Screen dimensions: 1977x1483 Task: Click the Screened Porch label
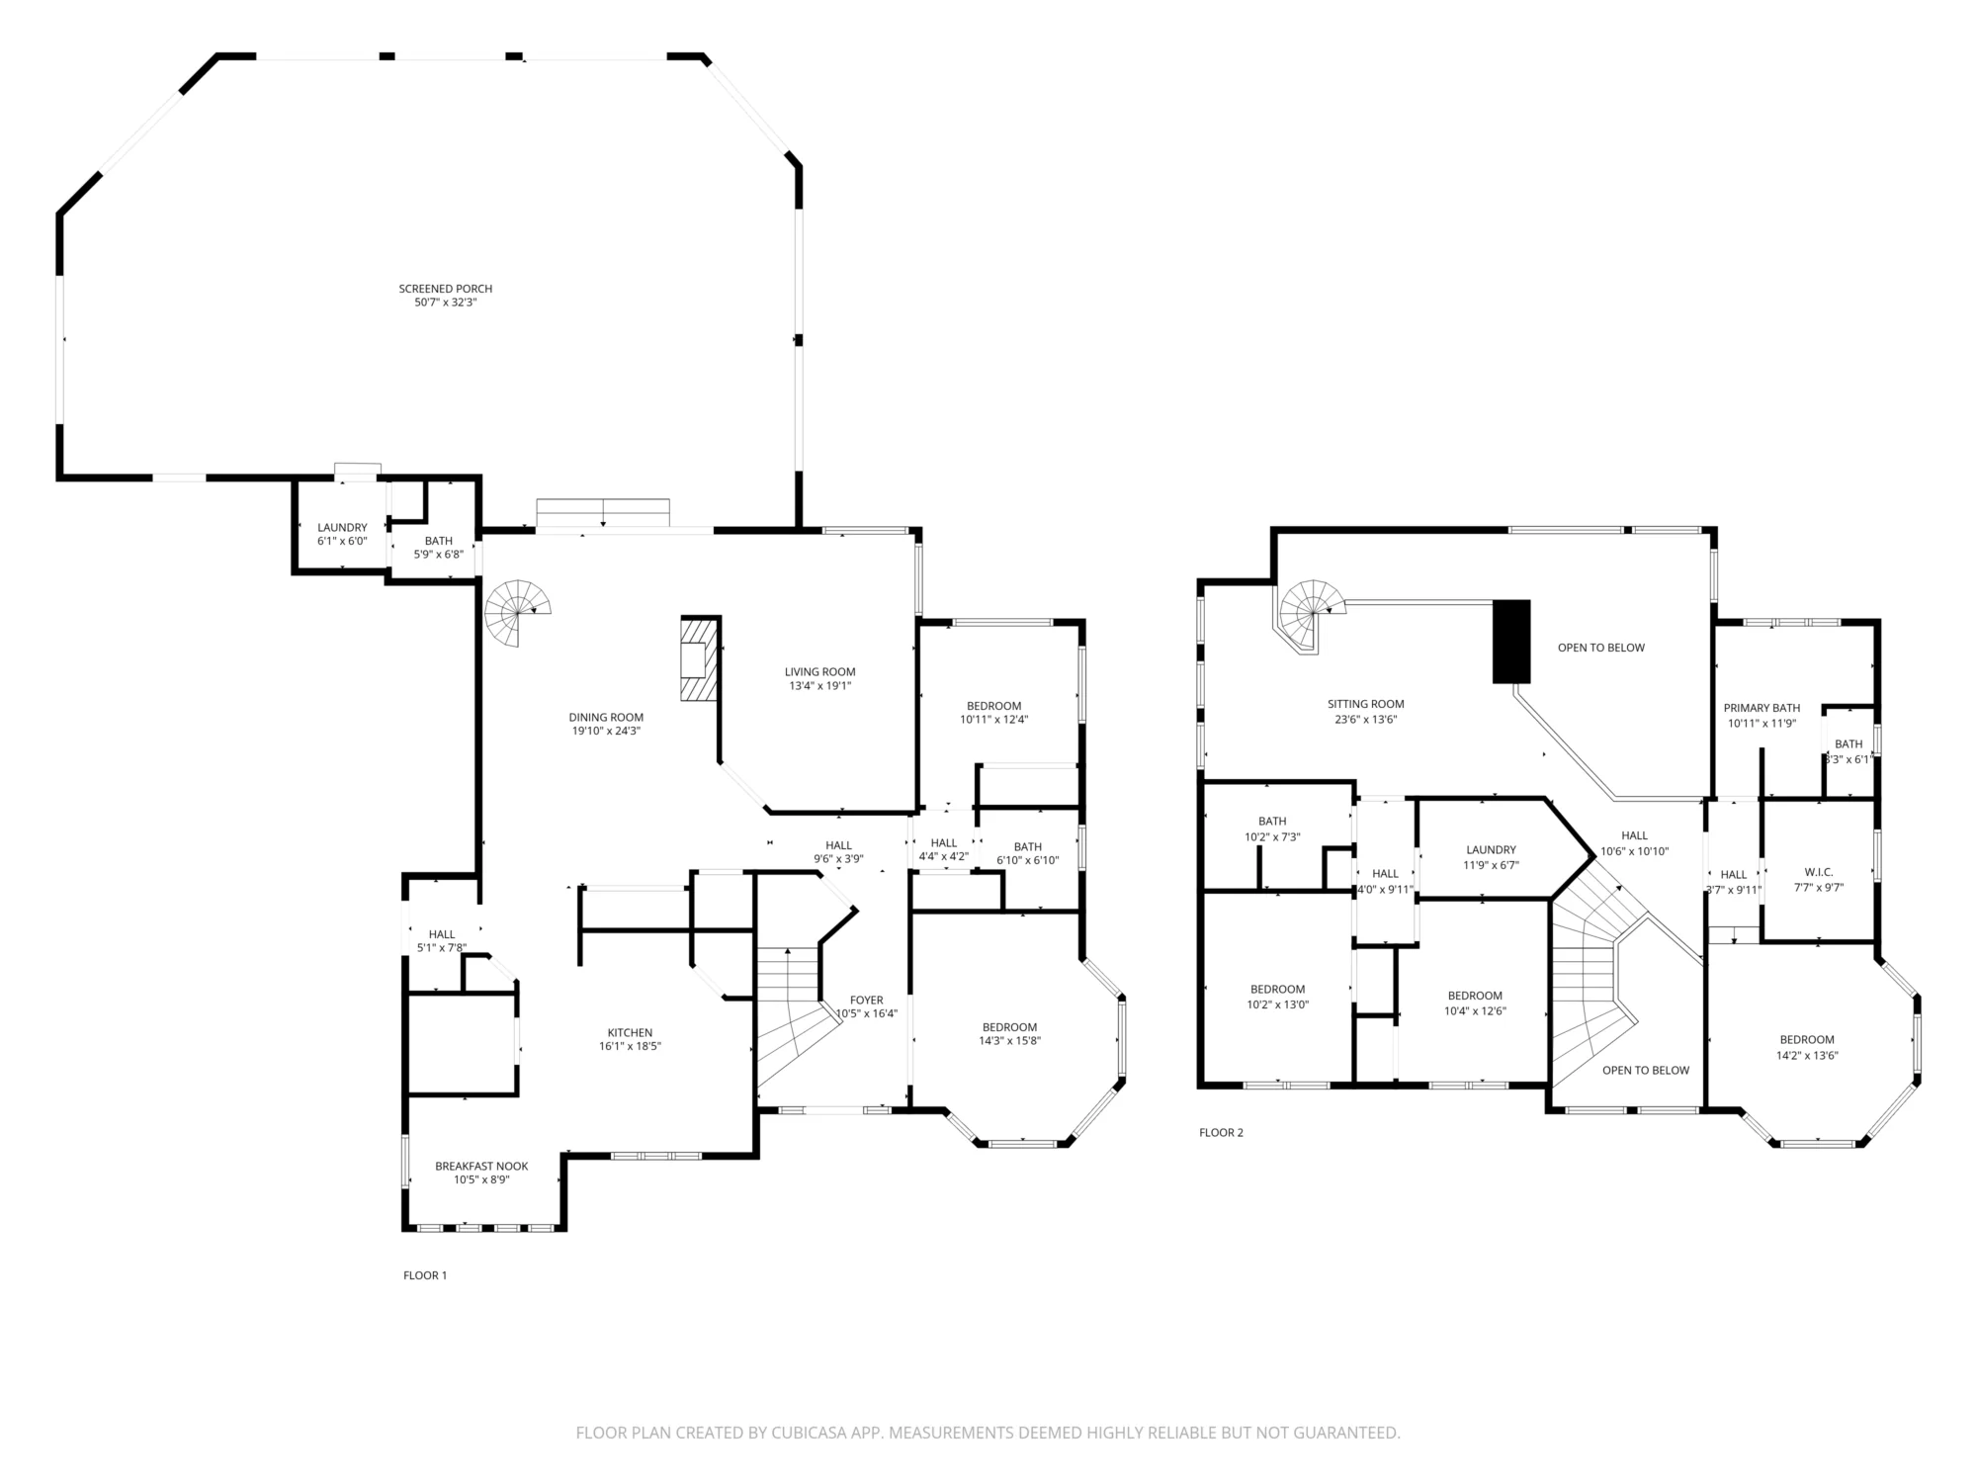[x=445, y=289]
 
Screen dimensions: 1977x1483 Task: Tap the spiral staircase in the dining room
[x=518, y=612]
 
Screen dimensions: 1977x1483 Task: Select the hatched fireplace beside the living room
[x=698, y=659]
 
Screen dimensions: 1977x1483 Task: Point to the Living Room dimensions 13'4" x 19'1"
[x=819, y=686]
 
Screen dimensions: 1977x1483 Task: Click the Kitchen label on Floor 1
[x=630, y=1033]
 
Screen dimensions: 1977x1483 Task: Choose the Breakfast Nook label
[x=481, y=1167]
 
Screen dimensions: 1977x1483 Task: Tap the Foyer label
[x=867, y=1001]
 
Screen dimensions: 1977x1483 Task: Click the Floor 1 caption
[x=425, y=1275]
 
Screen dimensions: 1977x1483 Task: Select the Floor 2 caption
[x=1221, y=1132]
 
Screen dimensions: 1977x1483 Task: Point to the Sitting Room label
[x=1365, y=705]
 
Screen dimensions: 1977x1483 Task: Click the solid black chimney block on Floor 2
[x=1511, y=642]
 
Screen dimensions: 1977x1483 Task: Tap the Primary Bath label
[x=1762, y=708]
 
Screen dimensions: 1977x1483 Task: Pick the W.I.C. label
[x=1819, y=872]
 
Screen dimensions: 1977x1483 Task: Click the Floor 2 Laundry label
[x=1491, y=850]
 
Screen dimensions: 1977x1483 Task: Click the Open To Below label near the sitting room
[x=1601, y=649]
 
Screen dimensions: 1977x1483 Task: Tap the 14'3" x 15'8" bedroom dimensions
[x=1009, y=1040]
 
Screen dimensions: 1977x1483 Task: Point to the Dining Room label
[x=606, y=718]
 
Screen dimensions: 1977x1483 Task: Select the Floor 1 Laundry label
[x=342, y=528]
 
